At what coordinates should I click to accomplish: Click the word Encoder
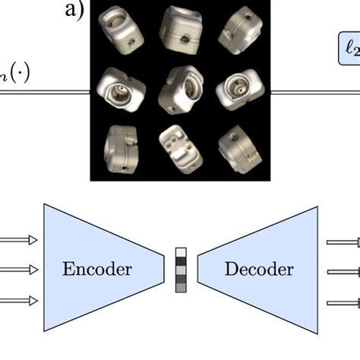[x=97, y=270]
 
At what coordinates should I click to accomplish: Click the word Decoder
[x=259, y=270]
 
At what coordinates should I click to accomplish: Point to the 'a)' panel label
[x=77, y=10]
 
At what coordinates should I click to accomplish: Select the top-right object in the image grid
[x=238, y=28]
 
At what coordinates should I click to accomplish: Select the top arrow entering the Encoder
[x=18, y=241]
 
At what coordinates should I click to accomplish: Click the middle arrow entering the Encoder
[x=18, y=270]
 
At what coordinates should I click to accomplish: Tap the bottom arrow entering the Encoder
[x=18, y=301]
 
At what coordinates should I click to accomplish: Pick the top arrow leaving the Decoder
[x=343, y=242]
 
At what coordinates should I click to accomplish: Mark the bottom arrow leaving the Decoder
[x=343, y=303]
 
